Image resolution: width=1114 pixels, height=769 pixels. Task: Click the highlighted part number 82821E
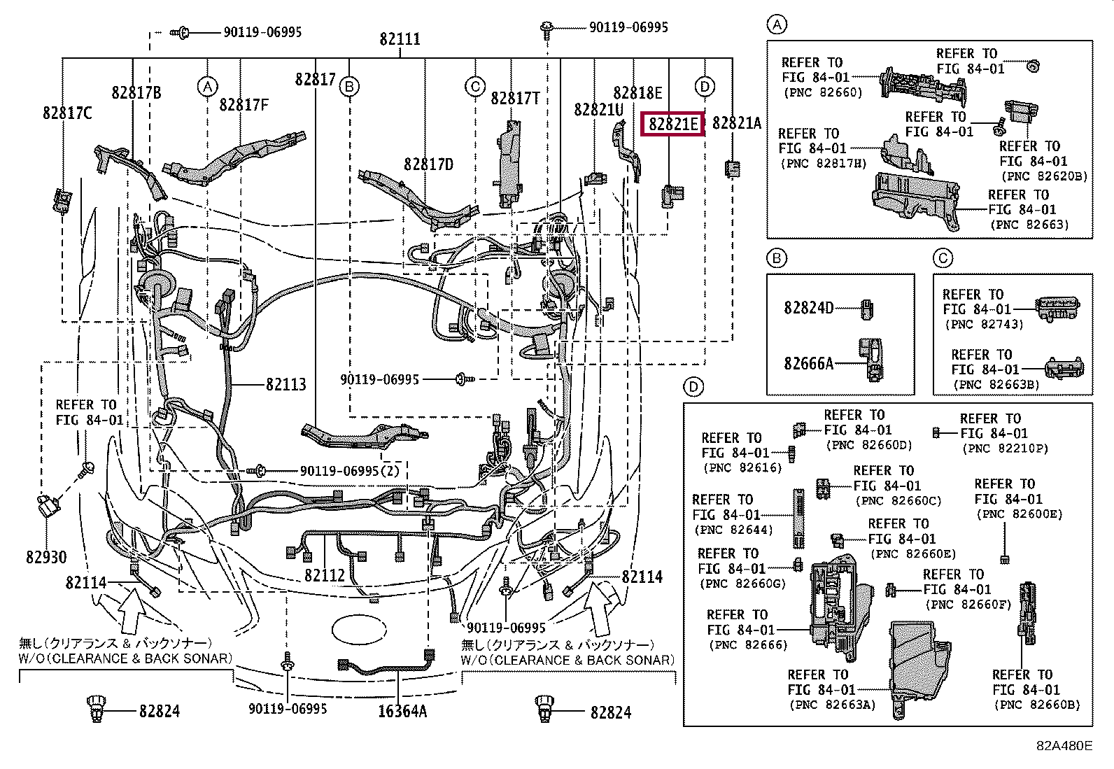(672, 124)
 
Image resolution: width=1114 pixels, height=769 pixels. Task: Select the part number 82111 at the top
(400, 39)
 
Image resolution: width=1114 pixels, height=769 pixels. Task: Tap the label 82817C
(67, 113)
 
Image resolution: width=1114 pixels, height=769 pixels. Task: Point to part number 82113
(285, 384)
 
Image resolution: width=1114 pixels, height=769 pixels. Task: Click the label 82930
(46, 557)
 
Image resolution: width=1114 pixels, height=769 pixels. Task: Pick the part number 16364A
(402, 712)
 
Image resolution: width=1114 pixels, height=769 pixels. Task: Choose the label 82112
(325, 575)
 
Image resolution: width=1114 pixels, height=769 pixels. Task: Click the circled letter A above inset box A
(777, 25)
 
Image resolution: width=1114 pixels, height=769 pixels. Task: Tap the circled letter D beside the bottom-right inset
(693, 387)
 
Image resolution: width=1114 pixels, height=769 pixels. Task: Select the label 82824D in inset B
(808, 308)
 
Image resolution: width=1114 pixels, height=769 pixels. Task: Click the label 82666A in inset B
(808, 363)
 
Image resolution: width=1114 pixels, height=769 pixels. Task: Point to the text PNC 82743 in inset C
(983, 325)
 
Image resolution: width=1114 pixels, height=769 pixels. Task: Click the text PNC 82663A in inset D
(832, 705)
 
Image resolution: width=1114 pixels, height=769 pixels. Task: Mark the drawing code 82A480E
(1064, 745)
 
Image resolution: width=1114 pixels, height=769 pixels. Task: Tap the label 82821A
(736, 123)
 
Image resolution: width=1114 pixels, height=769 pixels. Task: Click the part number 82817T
(515, 99)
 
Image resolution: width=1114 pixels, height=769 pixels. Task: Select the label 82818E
(637, 93)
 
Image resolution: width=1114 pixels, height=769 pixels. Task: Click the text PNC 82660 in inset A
(823, 92)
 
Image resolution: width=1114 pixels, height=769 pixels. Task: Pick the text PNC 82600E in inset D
(1019, 514)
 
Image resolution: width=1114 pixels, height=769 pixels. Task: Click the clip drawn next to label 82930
(48, 505)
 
